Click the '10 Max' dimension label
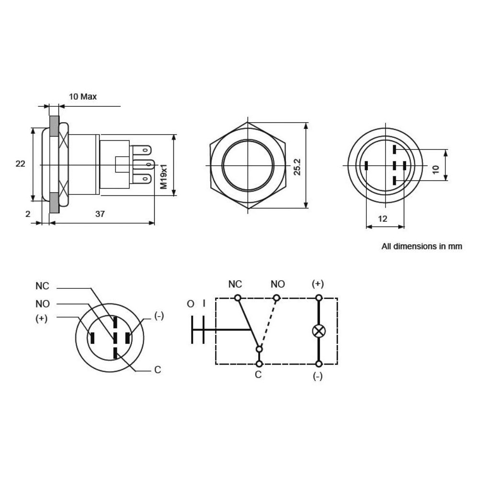[x=83, y=96]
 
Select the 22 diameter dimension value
[x=20, y=164]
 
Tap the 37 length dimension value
[x=100, y=214]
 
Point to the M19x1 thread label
[x=163, y=176]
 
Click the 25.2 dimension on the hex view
[x=297, y=165]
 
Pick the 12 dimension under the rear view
[x=383, y=218]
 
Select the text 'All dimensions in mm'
[x=422, y=247]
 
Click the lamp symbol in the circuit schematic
[x=318, y=331]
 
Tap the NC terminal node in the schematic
[x=237, y=298]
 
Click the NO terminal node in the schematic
[x=276, y=298]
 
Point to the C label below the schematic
[x=258, y=375]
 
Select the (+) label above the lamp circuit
[x=318, y=284]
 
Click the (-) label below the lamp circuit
[x=318, y=376]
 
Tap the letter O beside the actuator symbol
[x=191, y=304]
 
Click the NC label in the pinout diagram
[x=42, y=286]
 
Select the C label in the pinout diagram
[x=157, y=370]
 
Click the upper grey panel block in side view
[x=54, y=126]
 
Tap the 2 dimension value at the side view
[x=28, y=214]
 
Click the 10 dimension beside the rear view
[x=435, y=170]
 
